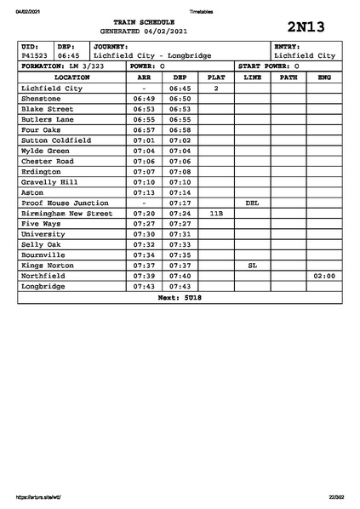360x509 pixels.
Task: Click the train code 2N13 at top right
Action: [306, 26]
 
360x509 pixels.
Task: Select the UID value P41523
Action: [34, 55]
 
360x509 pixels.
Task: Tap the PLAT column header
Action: [216, 77]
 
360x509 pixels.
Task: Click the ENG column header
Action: [323, 77]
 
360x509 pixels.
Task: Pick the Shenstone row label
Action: [42, 99]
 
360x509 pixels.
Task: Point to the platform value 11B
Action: [216, 214]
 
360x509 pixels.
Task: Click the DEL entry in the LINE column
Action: [252, 203]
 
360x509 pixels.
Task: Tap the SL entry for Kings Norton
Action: [252, 266]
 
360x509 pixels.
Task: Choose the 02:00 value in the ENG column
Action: [324, 276]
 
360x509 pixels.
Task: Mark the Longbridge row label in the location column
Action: [43, 286]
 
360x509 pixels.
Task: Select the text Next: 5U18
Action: [180, 298]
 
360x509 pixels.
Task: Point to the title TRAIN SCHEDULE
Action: [144, 21]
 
